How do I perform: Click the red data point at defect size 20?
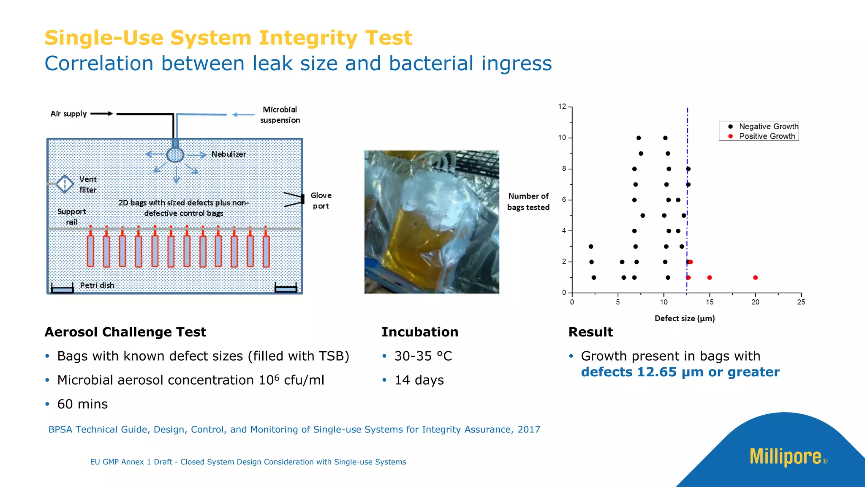[x=755, y=278]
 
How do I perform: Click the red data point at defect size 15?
[x=710, y=278]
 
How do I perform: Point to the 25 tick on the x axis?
[x=801, y=302]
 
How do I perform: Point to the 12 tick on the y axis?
[x=562, y=107]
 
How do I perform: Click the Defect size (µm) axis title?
[x=684, y=318]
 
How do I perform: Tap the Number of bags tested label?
[x=528, y=202]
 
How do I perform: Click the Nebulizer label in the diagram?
[x=228, y=154]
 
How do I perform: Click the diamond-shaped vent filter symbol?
[x=65, y=184]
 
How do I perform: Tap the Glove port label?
[x=321, y=201]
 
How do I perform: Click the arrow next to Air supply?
[x=102, y=114]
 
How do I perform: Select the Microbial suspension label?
[x=280, y=115]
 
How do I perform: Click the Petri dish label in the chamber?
[x=97, y=285]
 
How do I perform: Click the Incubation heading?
[x=420, y=332]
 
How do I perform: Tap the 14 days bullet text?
[x=419, y=380]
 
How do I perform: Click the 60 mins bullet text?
[x=83, y=404]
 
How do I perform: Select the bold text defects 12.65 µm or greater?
[x=680, y=372]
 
